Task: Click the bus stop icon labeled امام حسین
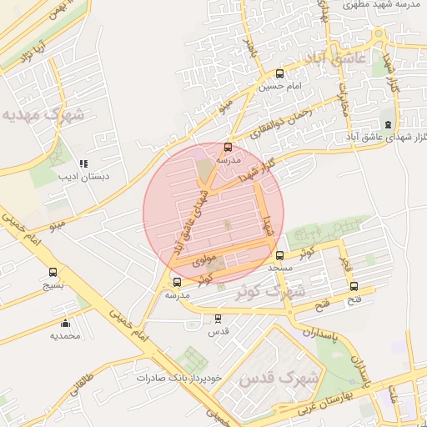[279, 73]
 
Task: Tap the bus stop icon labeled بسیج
[54, 272]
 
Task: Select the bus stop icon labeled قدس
[218, 318]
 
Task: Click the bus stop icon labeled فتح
[354, 286]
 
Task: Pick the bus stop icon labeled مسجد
[279, 255]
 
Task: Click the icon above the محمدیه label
[65, 323]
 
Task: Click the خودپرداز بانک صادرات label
[180, 377]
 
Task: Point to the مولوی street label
[203, 259]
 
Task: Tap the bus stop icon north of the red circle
[229, 147]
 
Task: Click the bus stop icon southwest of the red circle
[177, 282]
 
